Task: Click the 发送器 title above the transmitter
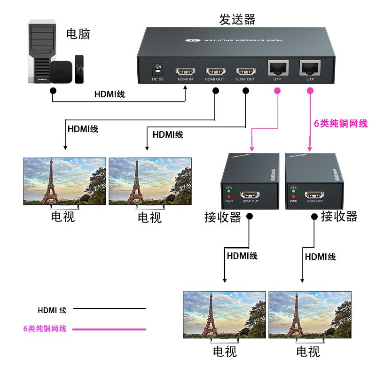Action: [x=237, y=19]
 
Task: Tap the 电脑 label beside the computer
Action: [x=78, y=34]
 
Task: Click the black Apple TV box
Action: [x=62, y=72]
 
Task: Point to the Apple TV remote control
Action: [x=79, y=69]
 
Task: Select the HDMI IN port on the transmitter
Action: [x=185, y=71]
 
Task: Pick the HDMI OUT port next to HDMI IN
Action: [x=215, y=71]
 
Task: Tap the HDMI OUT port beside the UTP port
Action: [x=245, y=71]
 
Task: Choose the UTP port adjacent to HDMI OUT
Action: [x=278, y=69]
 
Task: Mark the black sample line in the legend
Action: [x=110, y=309]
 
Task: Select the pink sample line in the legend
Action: [x=110, y=329]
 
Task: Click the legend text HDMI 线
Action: [x=52, y=310]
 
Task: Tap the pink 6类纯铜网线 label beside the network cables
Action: [x=341, y=124]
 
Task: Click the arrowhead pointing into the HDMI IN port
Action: [x=185, y=86]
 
